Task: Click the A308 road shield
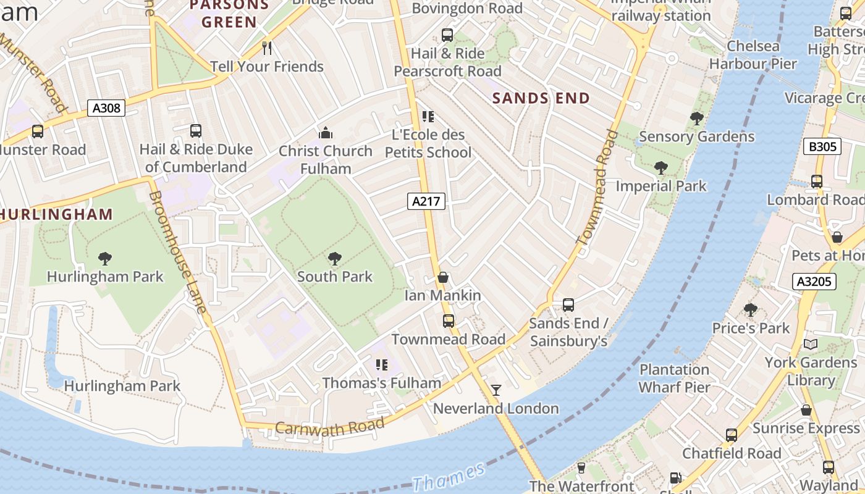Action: [106, 109]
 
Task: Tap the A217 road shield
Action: [426, 201]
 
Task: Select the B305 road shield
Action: [822, 146]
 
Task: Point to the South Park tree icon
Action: [335, 258]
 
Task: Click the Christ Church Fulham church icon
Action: [325, 133]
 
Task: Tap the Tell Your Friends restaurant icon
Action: [267, 48]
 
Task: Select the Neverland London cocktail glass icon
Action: [496, 390]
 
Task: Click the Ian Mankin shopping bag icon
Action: [442, 277]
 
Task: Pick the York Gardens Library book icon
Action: [810, 344]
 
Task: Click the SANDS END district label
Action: [541, 98]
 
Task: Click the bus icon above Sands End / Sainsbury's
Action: [568, 304]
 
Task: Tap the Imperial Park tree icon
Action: [660, 167]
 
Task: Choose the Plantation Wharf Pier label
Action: [674, 379]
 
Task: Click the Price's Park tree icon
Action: [750, 309]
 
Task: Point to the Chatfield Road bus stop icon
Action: [732, 435]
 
